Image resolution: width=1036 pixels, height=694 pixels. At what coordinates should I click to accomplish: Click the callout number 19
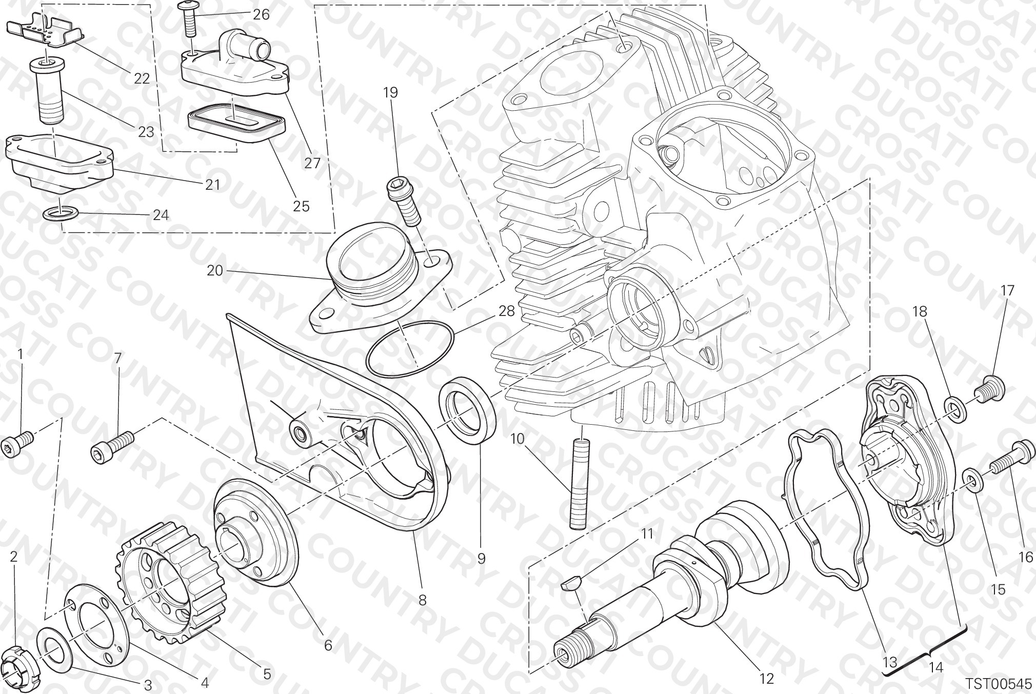coord(390,93)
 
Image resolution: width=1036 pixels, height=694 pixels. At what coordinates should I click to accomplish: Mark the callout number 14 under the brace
coord(936,667)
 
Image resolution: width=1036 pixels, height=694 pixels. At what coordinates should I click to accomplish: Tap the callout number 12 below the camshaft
coord(766,679)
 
